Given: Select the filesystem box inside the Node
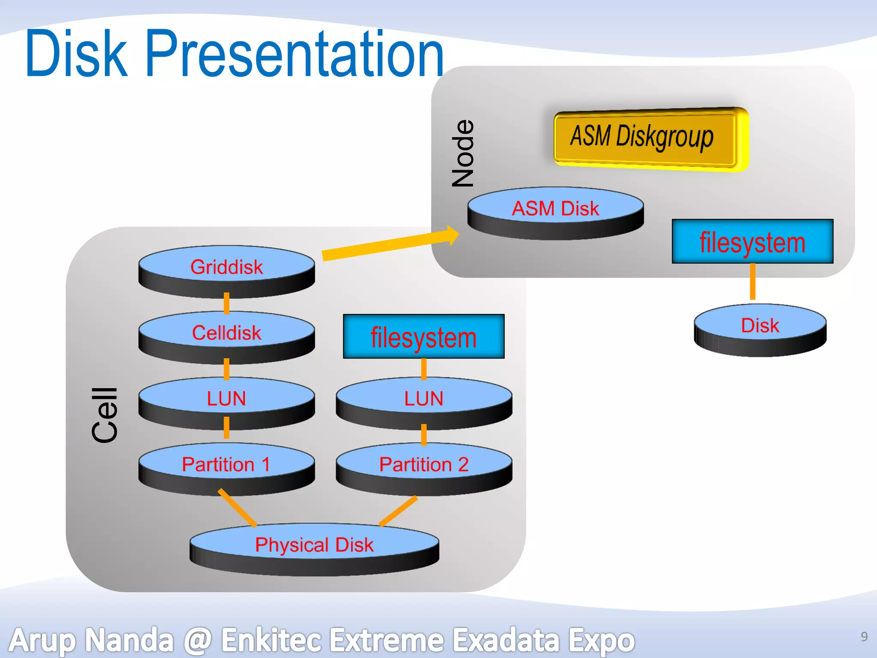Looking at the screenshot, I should pos(752,242).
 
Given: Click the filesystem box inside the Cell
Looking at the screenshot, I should pos(424,337).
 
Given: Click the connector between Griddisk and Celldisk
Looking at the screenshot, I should pos(227,303).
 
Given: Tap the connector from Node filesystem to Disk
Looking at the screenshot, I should pos(752,281).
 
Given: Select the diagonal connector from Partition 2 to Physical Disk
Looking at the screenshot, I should pos(398,511).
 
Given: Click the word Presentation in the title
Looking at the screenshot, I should pos(295,54).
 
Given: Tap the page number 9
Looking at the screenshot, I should pos(864,637).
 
